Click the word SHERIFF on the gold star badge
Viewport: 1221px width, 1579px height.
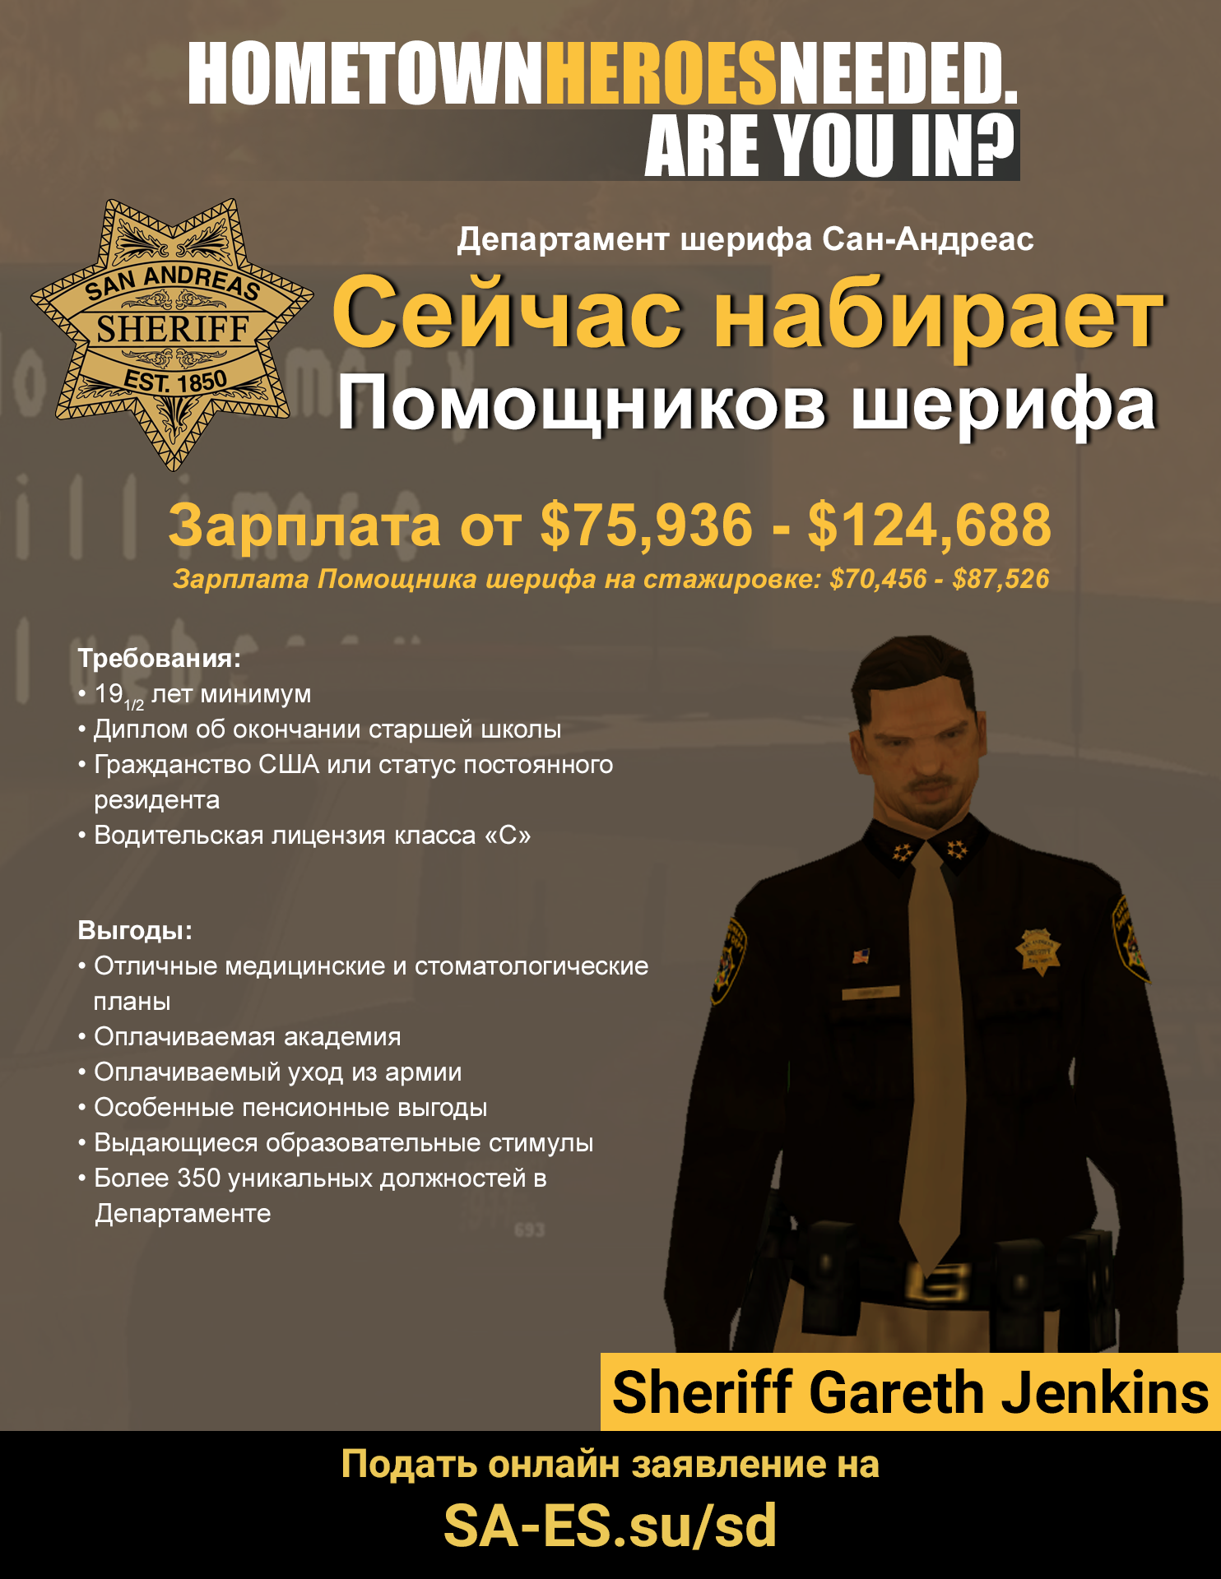[173, 329]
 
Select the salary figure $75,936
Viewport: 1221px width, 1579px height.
[647, 525]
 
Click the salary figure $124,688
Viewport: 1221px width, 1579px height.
[929, 525]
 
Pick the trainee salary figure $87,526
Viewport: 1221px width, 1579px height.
[1000, 579]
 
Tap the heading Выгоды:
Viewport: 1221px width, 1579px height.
[135, 930]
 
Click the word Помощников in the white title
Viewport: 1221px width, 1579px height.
[581, 404]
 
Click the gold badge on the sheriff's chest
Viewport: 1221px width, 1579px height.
[1039, 952]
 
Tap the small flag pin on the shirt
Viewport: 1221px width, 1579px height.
[861, 956]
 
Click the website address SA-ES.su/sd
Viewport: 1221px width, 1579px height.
[610, 1526]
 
